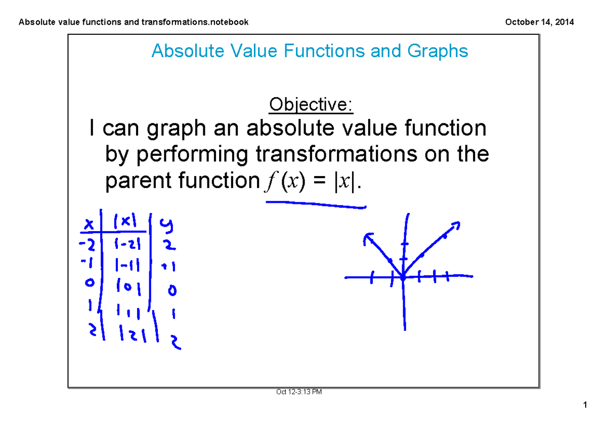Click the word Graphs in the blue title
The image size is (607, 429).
click(x=436, y=51)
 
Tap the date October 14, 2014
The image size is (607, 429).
click(x=538, y=22)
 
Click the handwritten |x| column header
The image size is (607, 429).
click(x=124, y=221)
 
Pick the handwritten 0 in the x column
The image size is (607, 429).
click(x=90, y=284)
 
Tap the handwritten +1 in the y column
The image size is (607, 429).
click(x=168, y=267)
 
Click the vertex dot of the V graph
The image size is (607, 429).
click(x=403, y=277)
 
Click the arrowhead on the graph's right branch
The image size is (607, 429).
click(x=455, y=225)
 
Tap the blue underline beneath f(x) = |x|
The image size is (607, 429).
click(x=315, y=204)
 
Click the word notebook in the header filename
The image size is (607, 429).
click(x=231, y=22)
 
